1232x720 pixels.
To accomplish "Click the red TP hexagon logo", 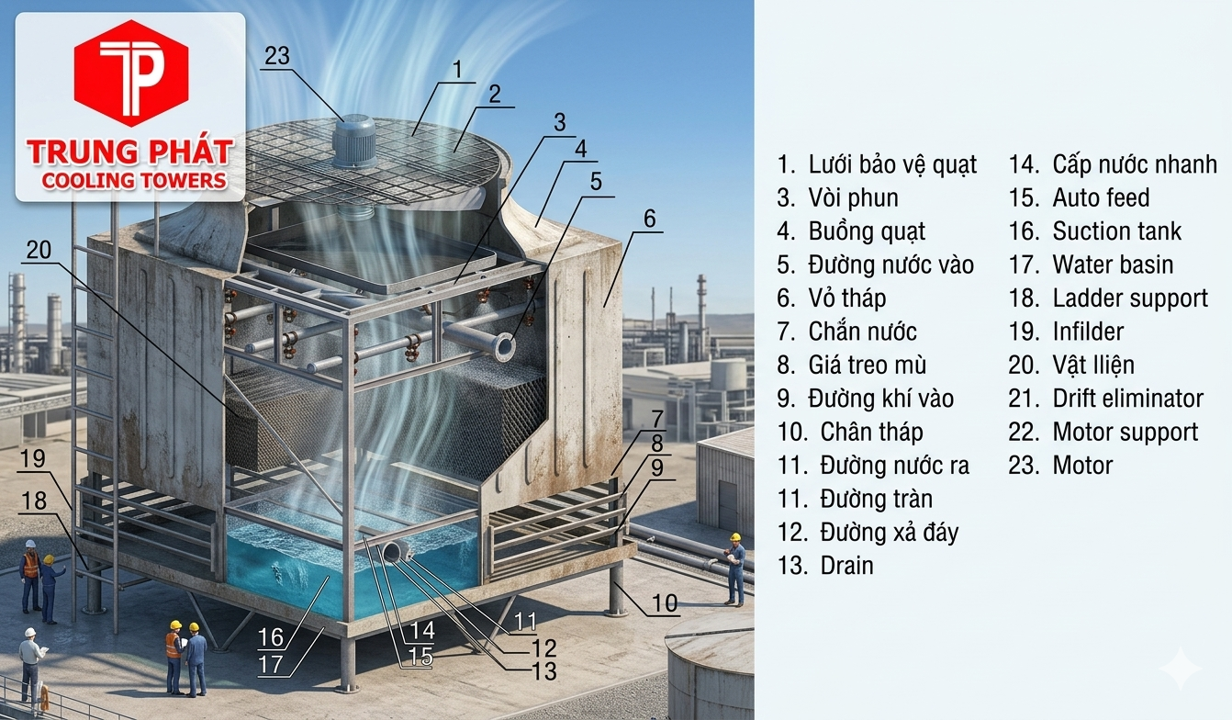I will pyautogui.click(x=130, y=72).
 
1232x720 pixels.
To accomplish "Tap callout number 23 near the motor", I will pyautogui.click(x=276, y=56).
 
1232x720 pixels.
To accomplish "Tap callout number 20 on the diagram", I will pyautogui.click(x=39, y=251).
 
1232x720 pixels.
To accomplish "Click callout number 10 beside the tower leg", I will pyautogui.click(x=665, y=603).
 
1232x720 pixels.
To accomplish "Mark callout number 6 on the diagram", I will pyautogui.click(x=649, y=219).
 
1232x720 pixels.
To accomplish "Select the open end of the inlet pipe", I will pyautogui.click(x=504, y=346).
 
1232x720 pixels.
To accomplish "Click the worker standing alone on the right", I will pyautogui.click(x=734, y=569).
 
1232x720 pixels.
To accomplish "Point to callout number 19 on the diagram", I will pyautogui.click(x=33, y=458).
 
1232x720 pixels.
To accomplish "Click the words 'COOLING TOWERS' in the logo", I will pyautogui.click(x=134, y=181).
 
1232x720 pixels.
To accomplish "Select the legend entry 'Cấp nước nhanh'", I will pyautogui.click(x=1113, y=165).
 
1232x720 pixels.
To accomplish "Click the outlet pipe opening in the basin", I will pyautogui.click(x=396, y=551).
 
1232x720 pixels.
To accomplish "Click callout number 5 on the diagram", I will pyautogui.click(x=596, y=181).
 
